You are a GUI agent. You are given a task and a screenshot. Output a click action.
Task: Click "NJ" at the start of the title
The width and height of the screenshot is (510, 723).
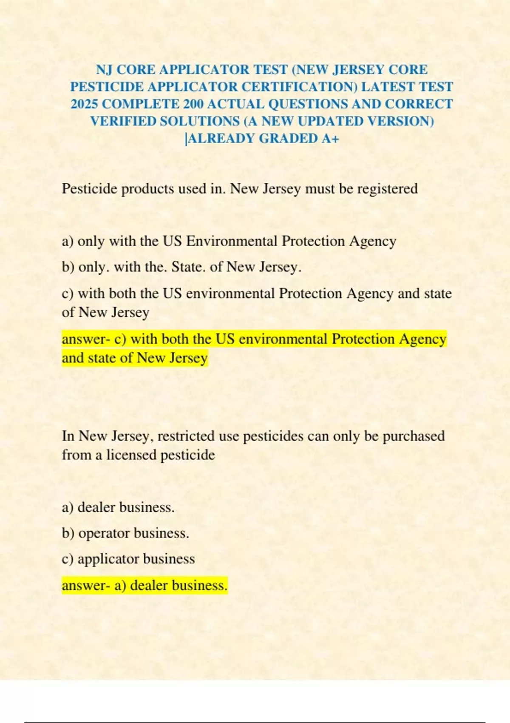tap(104, 70)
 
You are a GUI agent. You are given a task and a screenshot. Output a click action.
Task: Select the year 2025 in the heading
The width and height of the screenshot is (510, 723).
tap(84, 104)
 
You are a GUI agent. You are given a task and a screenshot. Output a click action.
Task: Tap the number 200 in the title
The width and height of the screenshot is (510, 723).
tap(193, 104)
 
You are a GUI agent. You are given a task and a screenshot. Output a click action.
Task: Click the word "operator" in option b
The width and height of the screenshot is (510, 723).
tap(104, 533)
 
